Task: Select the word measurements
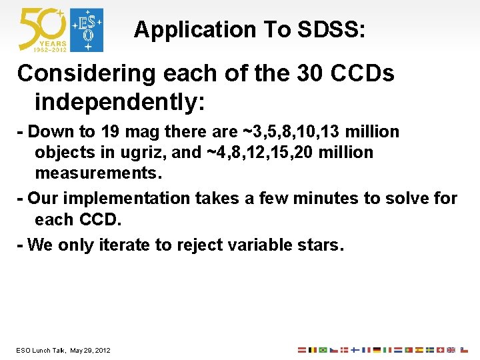98,173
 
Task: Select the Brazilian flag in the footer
323,350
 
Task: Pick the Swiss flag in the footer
441,350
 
